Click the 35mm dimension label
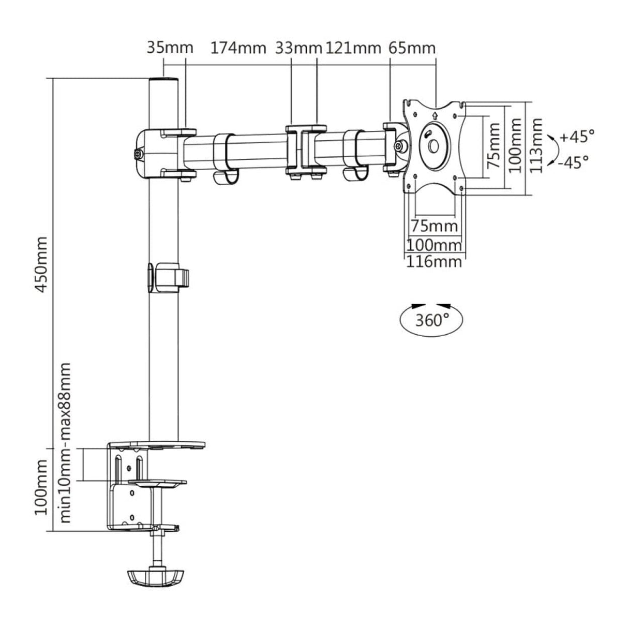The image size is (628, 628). [170, 48]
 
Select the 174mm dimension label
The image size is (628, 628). [238, 48]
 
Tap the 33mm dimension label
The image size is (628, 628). [298, 48]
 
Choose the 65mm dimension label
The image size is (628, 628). [411, 48]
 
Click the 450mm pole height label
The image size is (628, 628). [41, 264]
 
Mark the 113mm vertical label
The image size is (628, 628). [537, 145]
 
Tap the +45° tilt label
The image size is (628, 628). [576, 137]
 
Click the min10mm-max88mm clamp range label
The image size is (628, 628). [65, 442]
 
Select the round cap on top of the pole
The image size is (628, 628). [163, 82]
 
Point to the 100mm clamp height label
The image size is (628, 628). [41, 489]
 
